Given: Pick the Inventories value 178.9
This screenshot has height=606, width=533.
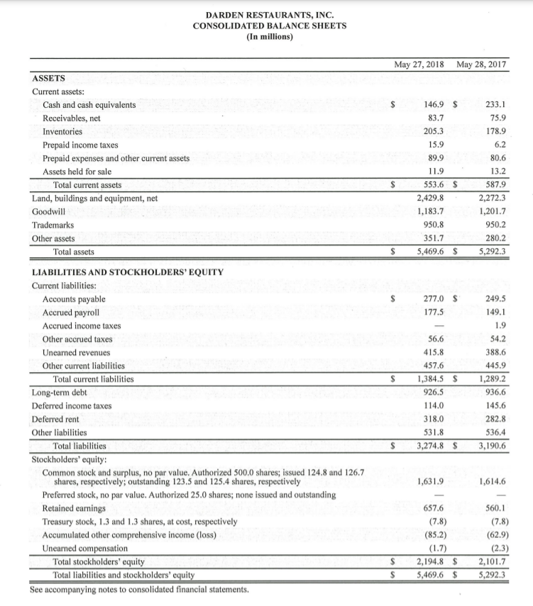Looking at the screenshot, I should point(494,131).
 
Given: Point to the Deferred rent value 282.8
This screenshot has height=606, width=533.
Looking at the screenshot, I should point(494,419).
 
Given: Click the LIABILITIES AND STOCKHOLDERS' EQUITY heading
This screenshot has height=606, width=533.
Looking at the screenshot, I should point(128,272).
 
